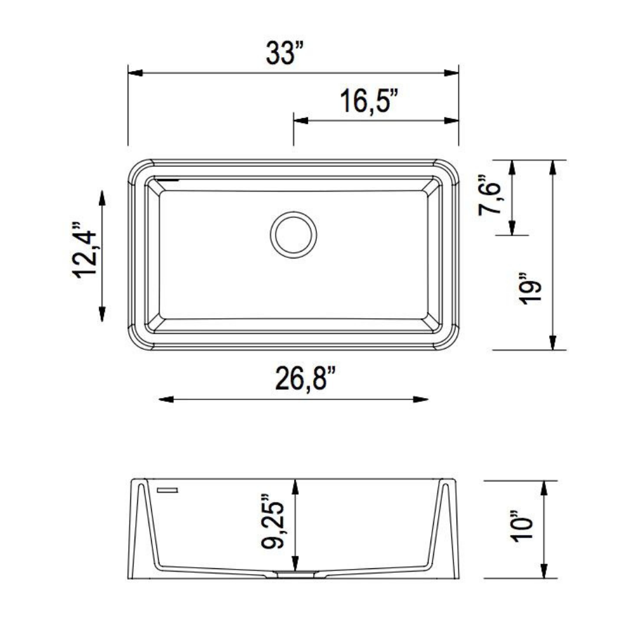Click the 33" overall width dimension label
coord(284,53)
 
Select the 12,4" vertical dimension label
coord(85,250)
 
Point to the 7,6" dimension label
coord(490,195)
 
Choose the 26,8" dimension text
coord(305,378)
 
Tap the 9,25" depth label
coord(273,521)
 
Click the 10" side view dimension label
coord(521,526)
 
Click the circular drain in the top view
coord(293,235)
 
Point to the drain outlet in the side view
coord(295,573)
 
